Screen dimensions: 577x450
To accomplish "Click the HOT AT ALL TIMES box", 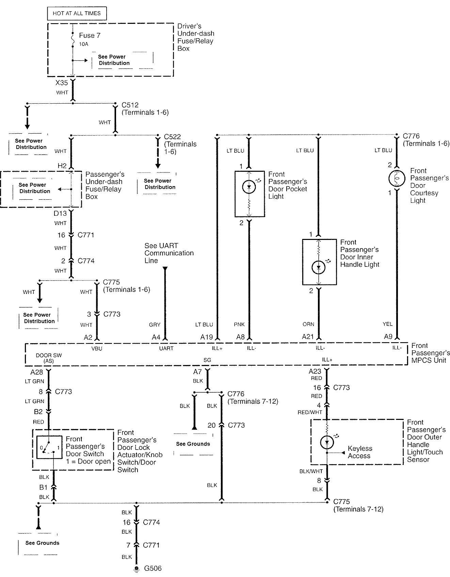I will (x=77, y=13).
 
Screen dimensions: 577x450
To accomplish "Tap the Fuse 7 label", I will (x=90, y=35).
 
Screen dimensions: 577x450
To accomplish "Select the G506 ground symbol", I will (x=136, y=568).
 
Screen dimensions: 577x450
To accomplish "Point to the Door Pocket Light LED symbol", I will (x=249, y=187).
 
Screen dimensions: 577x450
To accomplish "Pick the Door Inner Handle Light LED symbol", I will (x=319, y=268).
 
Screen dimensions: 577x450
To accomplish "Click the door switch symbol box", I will (x=49, y=447).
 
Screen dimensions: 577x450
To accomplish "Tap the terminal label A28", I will (x=36, y=372).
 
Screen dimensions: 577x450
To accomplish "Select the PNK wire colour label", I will (x=239, y=324).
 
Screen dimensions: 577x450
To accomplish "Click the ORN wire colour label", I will (x=308, y=324).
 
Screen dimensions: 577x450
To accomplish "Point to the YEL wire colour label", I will (x=387, y=324).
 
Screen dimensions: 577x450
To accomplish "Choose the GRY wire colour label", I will (x=155, y=325).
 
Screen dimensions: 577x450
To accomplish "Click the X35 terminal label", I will (x=62, y=83).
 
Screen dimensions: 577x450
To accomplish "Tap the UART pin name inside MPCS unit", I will (x=166, y=348).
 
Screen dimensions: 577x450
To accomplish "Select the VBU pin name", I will (x=97, y=348).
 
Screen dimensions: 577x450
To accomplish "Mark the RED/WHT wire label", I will (x=310, y=412).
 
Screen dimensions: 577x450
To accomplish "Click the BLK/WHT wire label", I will (x=311, y=471).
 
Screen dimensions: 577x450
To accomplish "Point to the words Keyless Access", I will (x=360, y=452).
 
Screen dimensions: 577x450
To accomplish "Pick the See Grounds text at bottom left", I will (x=42, y=543).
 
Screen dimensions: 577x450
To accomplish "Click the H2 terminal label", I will (x=62, y=166).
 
